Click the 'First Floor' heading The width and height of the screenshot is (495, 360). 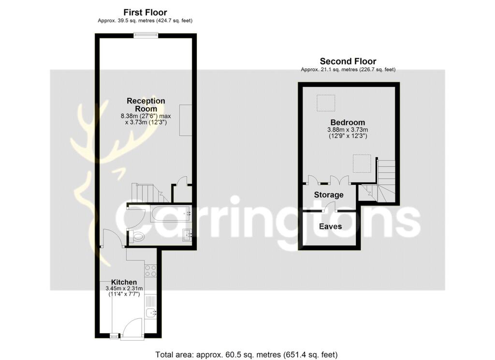pyautogui.click(x=145, y=12)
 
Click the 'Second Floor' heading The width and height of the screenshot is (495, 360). pyautogui.click(x=348, y=61)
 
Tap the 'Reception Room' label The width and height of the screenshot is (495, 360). pyautogui.click(x=146, y=105)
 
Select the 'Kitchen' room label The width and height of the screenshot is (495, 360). pyautogui.click(x=124, y=282)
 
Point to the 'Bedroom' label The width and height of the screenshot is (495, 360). pyautogui.click(x=348, y=122)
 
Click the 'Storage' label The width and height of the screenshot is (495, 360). pyautogui.click(x=329, y=195)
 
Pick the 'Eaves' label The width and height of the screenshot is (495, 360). pyautogui.click(x=330, y=226)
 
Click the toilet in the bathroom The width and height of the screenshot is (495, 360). pyautogui.click(x=137, y=237)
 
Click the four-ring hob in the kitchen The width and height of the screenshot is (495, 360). pyautogui.click(x=150, y=270)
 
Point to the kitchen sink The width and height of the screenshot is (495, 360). pyautogui.click(x=151, y=312)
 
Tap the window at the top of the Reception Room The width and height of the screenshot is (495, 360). pyautogui.click(x=146, y=35)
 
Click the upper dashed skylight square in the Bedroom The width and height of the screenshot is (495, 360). pyautogui.click(x=326, y=103)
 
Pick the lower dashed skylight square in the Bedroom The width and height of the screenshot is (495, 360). pyautogui.click(x=362, y=164)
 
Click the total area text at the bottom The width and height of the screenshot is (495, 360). pyautogui.click(x=246, y=355)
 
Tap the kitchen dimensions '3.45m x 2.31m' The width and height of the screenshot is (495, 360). pyautogui.click(x=124, y=288)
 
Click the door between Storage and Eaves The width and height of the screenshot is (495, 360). pyautogui.click(x=331, y=208)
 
